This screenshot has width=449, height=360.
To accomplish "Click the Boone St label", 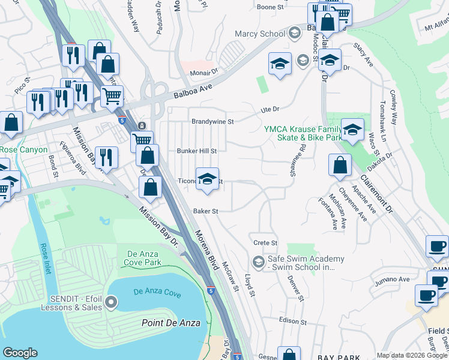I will pyautogui.click(x=270, y=7).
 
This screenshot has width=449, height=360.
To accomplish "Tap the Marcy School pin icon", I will pyautogui.click(x=294, y=34).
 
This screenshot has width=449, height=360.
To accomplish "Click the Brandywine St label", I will pyautogui.click(x=212, y=121).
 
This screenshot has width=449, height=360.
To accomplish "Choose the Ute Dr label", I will pyautogui.click(x=271, y=109).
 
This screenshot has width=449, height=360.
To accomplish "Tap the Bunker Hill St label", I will pyautogui.click(x=196, y=151).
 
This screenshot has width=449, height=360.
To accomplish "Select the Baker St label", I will pyautogui.click(x=205, y=211).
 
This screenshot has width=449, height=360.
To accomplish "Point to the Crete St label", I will pyautogui.click(x=265, y=243).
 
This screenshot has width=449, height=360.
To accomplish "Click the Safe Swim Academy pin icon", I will pyautogui.click(x=258, y=262).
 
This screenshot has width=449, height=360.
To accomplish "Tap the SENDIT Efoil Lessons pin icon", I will pyautogui.click(x=111, y=301).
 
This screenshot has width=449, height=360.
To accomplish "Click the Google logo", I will pyautogui.click(x=20, y=353).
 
